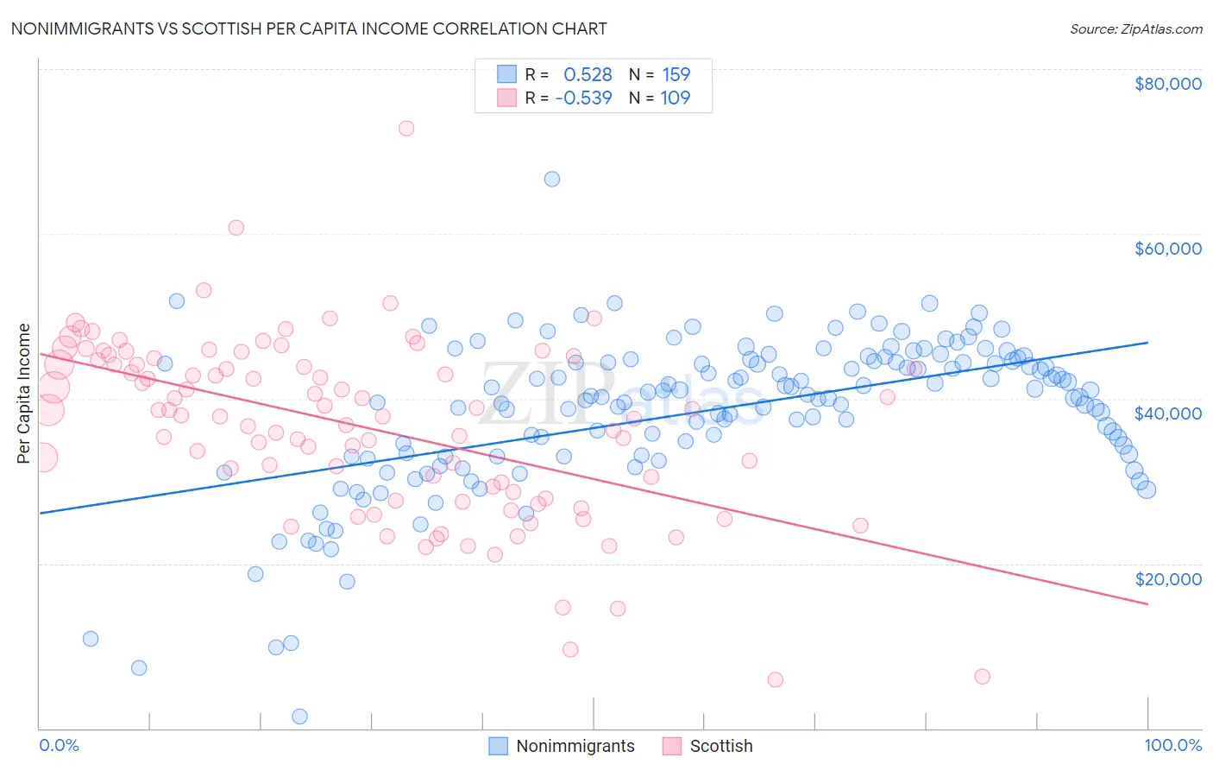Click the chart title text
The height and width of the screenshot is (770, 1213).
(308, 28)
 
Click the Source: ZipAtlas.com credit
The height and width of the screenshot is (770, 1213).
(1135, 29)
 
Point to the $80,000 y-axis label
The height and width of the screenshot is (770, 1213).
(1167, 84)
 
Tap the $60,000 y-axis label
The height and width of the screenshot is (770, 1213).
(1167, 249)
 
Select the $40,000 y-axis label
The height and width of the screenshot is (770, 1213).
(1167, 413)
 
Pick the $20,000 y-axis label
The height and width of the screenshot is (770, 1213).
(1167, 578)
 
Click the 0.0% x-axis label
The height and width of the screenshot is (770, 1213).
(59, 745)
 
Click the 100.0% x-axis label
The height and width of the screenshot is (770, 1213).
(1172, 745)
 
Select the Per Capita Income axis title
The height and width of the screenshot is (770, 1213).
(24, 393)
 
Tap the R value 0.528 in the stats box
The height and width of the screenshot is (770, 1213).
(588, 75)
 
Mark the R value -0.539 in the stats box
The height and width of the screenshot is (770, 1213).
(584, 98)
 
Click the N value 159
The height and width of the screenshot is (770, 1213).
(676, 75)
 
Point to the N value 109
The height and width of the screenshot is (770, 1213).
(676, 98)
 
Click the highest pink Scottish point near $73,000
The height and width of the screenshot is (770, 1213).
(406, 128)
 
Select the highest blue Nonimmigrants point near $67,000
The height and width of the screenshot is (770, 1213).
(552, 179)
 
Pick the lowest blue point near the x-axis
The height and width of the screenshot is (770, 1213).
(299, 716)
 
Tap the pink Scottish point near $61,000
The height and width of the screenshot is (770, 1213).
(236, 228)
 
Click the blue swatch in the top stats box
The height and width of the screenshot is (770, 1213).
(506, 74)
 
